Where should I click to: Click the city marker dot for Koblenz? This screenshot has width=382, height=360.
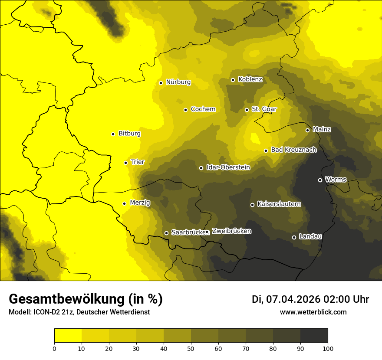point(233,80)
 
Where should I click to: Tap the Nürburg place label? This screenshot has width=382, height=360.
point(178,82)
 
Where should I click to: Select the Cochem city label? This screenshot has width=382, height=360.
point(203,109)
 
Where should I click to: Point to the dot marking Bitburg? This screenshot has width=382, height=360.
point(113,134)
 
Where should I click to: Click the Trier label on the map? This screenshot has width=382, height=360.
point(138,162)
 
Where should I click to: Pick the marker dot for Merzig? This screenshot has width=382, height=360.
point(124,203)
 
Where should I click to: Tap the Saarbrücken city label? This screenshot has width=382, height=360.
point(188,232)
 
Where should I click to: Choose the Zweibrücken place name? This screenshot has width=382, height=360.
point(231,231)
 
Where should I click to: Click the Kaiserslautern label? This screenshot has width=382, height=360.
point(279,204)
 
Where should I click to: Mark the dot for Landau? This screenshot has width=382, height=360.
point(294,237)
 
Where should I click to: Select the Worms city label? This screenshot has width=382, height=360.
point(336,180)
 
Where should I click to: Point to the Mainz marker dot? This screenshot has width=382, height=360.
point(307,130)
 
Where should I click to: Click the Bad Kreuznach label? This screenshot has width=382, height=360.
point(293,150)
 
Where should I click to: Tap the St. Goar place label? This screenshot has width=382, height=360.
point(264,109)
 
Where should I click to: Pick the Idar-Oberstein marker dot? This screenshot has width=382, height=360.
point(201,168)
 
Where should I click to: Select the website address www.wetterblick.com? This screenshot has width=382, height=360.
point(313,312)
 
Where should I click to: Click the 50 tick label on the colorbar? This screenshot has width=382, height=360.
point(191,348)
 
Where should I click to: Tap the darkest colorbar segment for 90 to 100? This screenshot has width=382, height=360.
point(314,336)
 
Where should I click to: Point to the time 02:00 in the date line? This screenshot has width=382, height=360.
point(335,299)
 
